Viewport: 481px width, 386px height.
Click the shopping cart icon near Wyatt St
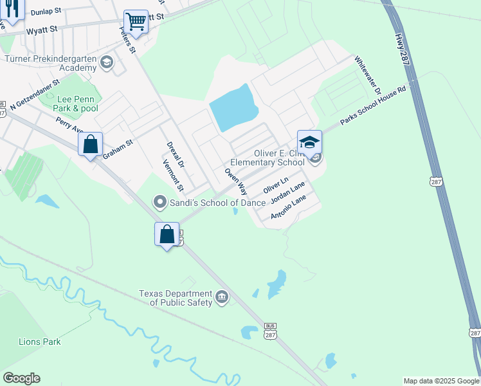click(136, 23)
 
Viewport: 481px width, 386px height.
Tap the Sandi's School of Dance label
click(217, 203)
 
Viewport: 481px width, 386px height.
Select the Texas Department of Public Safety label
click(176, 298)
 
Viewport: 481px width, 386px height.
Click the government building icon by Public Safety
click(222, 297)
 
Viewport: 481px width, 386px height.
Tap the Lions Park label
click(40, 342)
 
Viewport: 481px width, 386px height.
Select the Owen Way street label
click(235, 182)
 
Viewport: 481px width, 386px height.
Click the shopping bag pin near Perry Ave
click(91, 144)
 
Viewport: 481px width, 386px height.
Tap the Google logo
click(21, 378)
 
